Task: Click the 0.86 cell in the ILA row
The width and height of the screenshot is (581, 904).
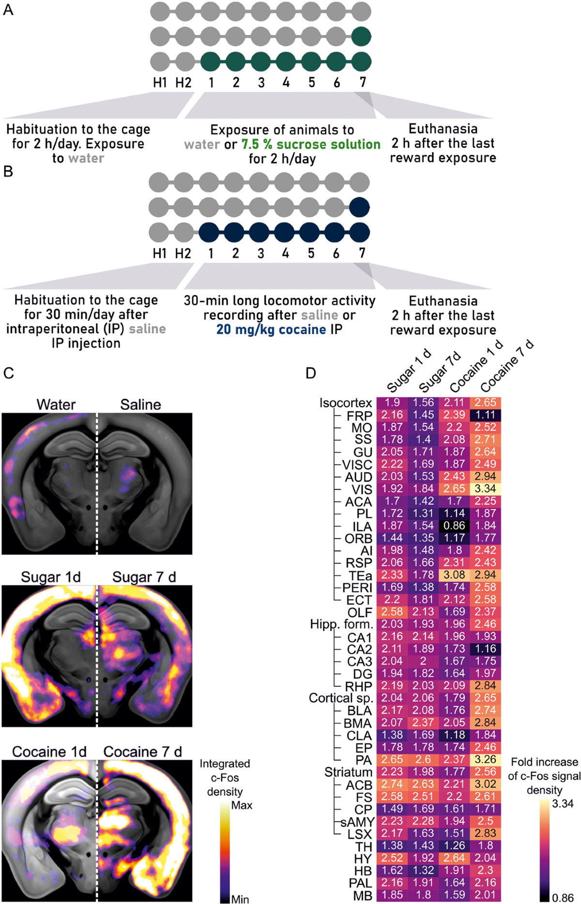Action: (454, 526)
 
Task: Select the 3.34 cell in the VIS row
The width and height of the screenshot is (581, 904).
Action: (485, 489)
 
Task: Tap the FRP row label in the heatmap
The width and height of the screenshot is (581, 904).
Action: (359, 416)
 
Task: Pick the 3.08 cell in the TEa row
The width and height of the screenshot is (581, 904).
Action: (454, 575)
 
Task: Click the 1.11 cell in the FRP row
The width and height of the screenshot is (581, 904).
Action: (485, 415)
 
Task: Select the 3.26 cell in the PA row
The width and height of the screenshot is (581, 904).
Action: (485, 759)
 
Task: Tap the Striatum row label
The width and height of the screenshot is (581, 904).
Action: (348, 772)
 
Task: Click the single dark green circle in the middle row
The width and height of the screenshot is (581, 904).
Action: (362, 36)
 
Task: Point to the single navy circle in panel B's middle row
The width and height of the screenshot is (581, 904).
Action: (360, 207)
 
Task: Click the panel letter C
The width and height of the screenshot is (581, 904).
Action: (8, 373)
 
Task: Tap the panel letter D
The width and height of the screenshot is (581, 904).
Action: (310, 373)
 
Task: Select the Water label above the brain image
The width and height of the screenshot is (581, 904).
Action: (56, 405)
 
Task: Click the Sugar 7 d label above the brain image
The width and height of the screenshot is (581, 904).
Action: (144, 577)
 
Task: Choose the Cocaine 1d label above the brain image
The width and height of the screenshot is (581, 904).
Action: (49, 752)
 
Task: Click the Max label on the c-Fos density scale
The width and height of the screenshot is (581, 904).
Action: (242, 806)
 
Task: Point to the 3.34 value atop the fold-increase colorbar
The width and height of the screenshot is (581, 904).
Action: (563, 804)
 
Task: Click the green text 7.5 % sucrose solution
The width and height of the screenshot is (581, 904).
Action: (311, 144)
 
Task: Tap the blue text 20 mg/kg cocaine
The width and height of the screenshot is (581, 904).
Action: (271, 330)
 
